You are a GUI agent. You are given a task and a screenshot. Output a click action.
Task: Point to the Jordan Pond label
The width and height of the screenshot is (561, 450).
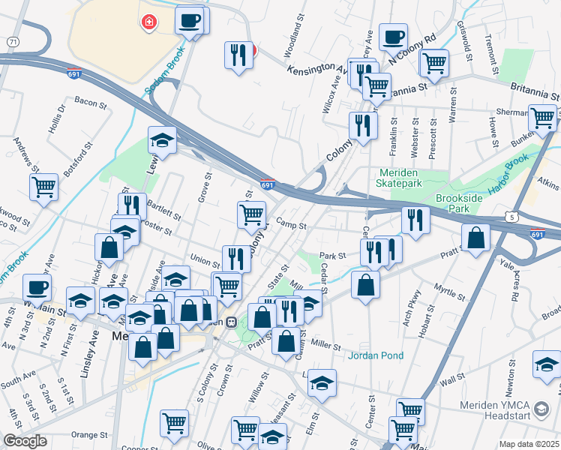pyautogui.click(x=375, y=355)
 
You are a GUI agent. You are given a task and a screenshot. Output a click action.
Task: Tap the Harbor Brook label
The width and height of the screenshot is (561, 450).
pyautogui.click(x=509, y=175)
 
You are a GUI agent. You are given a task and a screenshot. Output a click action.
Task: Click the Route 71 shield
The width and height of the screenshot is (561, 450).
pyautogui.click(x=13, y=43)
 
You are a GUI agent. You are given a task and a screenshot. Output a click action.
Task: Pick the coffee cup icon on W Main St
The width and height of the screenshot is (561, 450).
pyautogui.click(x=37, y=286)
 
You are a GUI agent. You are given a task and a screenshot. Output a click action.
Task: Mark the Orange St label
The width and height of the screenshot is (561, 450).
pyautogui.click(x=90, y=434)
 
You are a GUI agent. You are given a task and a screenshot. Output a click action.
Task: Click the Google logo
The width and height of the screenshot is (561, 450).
pyautogui.click(x=25, y=441)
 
